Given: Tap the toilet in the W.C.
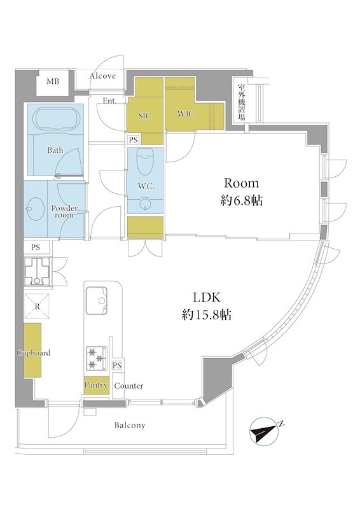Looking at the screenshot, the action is (146, 162).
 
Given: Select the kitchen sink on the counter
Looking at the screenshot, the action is (97, 300).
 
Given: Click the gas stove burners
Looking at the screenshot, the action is (97, 358).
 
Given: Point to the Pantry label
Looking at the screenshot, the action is (96, 385).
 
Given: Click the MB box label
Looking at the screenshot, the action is (53, 81).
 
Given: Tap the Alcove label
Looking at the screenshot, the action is (102, 76).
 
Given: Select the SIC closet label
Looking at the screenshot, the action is (145, 116).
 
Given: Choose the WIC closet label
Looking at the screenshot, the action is (186, 114).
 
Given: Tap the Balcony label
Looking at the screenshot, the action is (130, 425).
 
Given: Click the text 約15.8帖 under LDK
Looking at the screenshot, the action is (207, 314).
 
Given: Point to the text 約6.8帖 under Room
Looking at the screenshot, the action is (242, 201).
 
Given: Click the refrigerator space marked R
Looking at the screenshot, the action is (37, 306).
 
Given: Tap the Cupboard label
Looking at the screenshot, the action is (34, 353).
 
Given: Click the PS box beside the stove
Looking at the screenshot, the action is (117, 365).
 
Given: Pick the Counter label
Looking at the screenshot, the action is (128, 386).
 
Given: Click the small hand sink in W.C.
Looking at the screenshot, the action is (146, 204).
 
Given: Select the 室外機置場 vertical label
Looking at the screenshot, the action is (241, 102).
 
